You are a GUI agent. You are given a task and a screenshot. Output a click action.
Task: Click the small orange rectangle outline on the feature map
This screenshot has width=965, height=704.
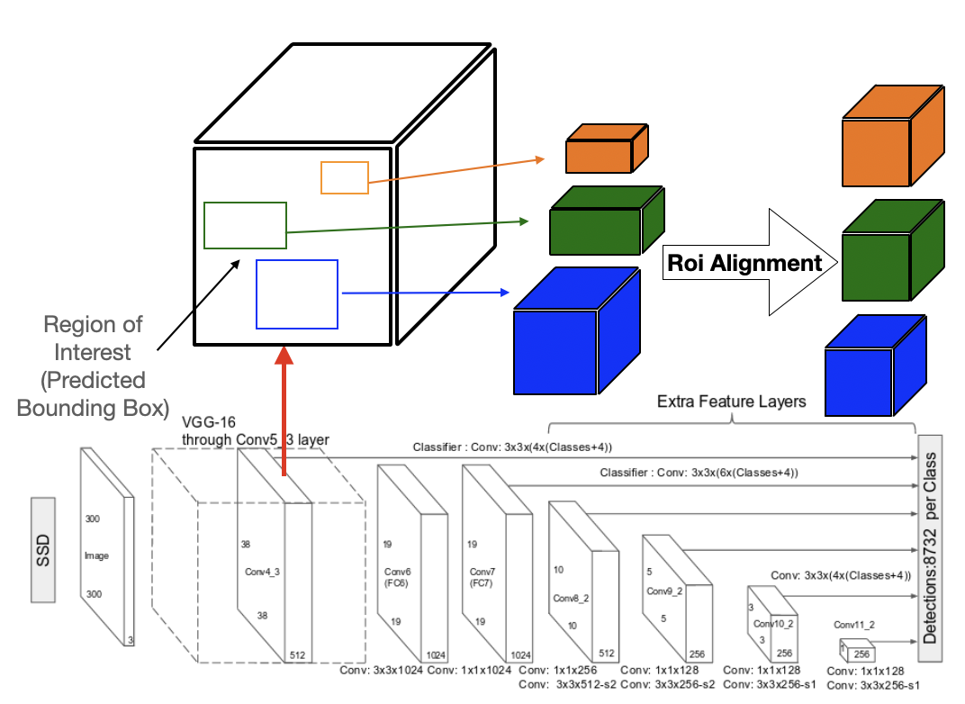[345, 177]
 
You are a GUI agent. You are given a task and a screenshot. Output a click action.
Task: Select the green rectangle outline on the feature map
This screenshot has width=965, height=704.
[245, 225]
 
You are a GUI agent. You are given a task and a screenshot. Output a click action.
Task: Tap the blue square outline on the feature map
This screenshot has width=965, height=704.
[297, 293]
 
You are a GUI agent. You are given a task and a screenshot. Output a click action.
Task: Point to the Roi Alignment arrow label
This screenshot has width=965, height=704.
[744, 263]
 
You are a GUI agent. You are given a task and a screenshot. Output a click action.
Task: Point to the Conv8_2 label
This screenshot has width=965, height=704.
[570, 598]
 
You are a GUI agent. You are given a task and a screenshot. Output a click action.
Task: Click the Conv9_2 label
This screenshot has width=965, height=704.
[664, 591]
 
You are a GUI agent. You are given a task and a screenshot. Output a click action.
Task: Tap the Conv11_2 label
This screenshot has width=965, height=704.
[854, 624]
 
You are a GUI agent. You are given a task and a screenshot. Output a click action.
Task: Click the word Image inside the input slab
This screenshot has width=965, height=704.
[96, 556]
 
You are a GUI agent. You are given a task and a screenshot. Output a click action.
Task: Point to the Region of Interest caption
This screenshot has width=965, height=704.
[94, 365]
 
